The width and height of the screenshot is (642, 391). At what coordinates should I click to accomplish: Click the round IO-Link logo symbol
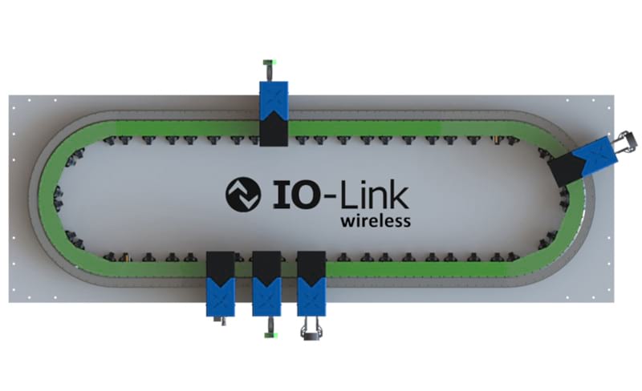[243, 194]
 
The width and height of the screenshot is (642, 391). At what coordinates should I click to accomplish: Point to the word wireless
[376, 221]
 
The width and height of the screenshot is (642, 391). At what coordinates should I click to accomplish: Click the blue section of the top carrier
[274, 99]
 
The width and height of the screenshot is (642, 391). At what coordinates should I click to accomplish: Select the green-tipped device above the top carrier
[270, 71]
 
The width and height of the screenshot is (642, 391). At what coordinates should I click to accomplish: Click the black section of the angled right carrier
[567, 171]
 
